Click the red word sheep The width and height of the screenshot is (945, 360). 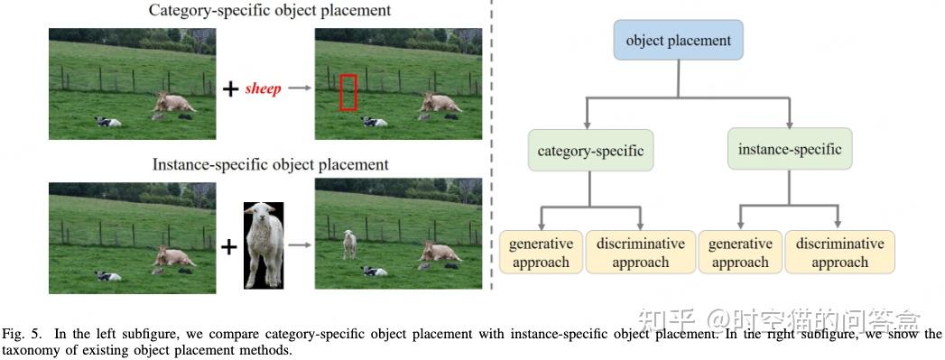263,88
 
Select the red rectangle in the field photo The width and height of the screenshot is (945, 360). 348,92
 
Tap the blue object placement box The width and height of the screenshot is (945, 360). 678,41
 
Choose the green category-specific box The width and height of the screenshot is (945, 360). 590,150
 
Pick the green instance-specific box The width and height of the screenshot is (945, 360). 790,149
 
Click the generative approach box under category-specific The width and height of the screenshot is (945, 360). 541,253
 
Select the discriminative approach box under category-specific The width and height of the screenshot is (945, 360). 640,253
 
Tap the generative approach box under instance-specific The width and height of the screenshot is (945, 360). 740,253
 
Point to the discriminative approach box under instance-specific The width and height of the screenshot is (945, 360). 839,253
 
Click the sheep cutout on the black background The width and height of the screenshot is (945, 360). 264,245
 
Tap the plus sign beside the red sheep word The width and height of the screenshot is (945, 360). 231,88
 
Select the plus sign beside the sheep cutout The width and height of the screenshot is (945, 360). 229,245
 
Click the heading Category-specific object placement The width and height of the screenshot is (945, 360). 271,11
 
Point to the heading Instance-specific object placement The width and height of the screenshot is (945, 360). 271,165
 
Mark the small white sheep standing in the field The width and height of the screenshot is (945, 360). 349,244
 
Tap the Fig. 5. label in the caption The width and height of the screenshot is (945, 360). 20,333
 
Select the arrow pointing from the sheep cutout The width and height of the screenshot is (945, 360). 300,245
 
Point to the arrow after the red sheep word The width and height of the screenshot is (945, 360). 300,88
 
